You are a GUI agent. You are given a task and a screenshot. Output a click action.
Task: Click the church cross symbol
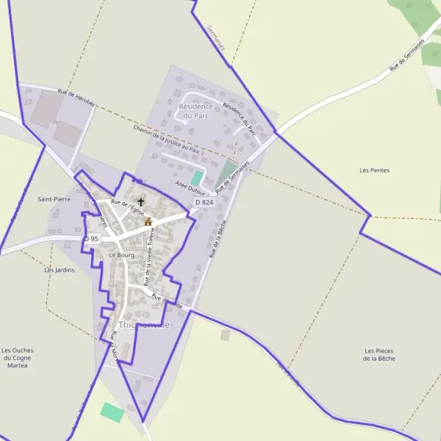[x=141, y=201]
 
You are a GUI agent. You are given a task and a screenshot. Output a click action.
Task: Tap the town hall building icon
[x=148, y=220]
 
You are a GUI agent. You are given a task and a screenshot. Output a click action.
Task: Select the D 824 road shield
[x=204, y=202]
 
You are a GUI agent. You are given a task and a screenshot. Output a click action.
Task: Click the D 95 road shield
[x=91, y=239]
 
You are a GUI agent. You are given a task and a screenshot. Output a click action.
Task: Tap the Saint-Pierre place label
[x=54, y=199]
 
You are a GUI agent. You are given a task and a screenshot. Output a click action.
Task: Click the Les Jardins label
[x=60, y=270]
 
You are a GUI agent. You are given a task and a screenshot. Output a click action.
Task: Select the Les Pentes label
[x=374, y=171]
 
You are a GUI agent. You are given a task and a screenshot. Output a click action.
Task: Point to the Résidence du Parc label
[x=196, y=111]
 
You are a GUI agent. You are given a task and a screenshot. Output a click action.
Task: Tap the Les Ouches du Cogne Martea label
[x=17, y=357]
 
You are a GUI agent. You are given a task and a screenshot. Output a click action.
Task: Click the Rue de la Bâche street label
[x=215, y=240]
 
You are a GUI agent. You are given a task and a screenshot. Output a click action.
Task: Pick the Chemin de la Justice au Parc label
[x=167, y=138]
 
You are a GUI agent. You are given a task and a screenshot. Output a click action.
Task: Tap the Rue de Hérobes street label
[x=76, y=98]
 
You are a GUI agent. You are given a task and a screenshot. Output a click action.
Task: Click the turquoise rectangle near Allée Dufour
[x=197, y=178]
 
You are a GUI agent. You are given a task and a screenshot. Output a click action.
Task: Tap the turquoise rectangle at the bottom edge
[x=112, y=412]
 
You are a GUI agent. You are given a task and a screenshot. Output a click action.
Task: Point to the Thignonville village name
[x=144, y=325]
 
